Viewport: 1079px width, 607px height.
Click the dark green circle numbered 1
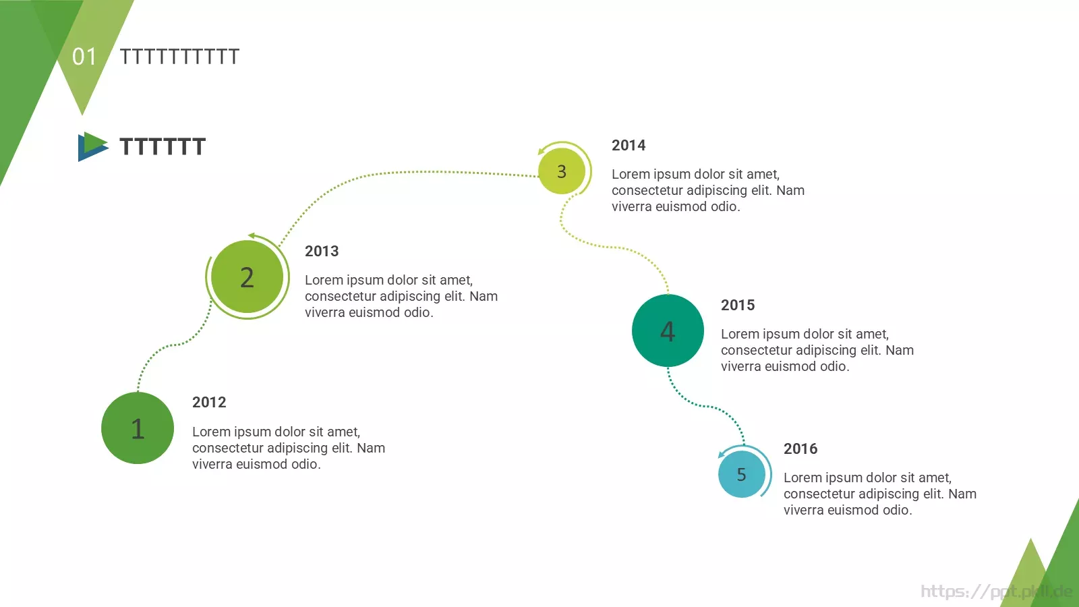[x=138, y=428]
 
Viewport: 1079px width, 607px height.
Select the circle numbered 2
[x=247, y=277]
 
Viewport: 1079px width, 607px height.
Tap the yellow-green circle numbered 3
[x=562, y=171]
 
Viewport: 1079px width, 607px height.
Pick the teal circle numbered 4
[x=668, y=330]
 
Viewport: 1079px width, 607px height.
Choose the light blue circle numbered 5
[x=742, y=474]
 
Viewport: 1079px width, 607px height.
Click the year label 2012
[x=209, y=402]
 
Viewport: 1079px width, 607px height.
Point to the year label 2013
[x=322, y=251]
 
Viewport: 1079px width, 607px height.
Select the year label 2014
[x=629, y=145]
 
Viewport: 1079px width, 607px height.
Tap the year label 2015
[x=738, y=305]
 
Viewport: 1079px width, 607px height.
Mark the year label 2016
[x=800, y=449]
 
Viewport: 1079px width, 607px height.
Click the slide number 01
[x=84, y=57]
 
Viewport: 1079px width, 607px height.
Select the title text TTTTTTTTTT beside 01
[x=179, y=57]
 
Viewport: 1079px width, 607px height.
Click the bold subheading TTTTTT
[x=163, y=146]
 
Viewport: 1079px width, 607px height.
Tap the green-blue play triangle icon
[x=93, y=146]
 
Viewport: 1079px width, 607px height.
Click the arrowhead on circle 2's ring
[x=252, y=235]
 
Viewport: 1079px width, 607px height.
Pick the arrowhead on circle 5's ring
[x=722, y=454]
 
